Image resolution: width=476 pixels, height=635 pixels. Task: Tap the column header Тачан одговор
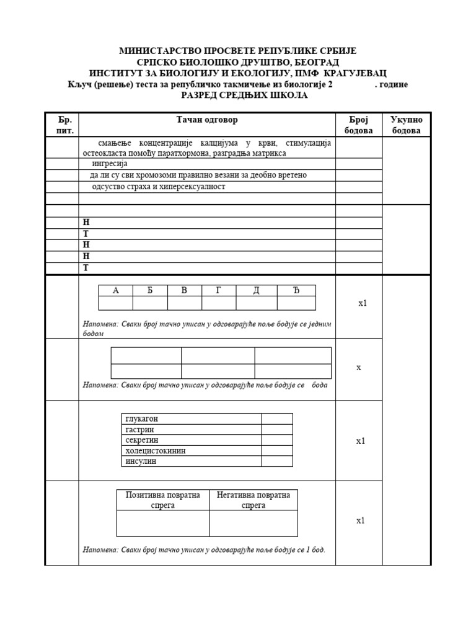207,120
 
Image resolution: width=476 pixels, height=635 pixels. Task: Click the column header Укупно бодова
406,125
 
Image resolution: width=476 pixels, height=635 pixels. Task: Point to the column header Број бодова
358,125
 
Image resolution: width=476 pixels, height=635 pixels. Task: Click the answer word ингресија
110,164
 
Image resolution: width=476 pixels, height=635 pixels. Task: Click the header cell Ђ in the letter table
296,290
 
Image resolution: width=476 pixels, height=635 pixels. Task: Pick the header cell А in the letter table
115,290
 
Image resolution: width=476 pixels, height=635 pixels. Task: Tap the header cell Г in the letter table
219,290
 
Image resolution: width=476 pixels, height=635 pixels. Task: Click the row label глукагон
142,419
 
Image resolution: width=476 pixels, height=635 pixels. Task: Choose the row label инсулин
141,461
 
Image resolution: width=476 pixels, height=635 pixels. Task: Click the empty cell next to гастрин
276,429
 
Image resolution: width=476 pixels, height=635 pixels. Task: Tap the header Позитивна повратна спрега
163,500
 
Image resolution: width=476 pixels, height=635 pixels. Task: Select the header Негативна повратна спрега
253,500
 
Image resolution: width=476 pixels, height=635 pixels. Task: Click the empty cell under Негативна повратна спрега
253,523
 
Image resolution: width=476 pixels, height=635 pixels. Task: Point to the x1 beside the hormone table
361,441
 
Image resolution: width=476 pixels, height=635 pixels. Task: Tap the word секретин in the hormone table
143,440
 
